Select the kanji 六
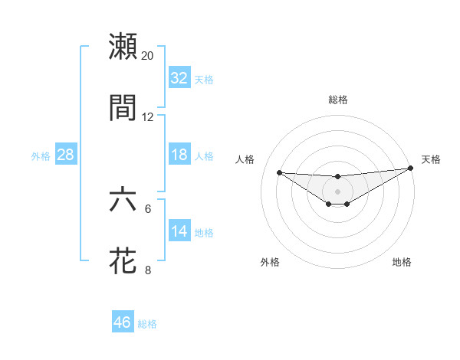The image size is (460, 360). pyautogui.click(x=123, y=200)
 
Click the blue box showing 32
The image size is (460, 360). pyautogui.click(x=179, y=78)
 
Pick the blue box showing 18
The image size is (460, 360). pyautogui.click(x=179, y=155)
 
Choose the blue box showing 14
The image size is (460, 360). pyautogui.click(x=179, y=231)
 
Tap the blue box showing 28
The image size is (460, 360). pyautogui.click(x=66, y=155)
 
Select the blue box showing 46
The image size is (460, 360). pyautogui.click(x=123, y=322)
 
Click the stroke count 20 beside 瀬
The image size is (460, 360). pyautogui.click(x=148, y=56)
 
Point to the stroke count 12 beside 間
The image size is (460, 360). pyautogui.click(x=148, y=117)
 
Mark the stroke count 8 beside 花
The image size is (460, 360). pyautogui.click(x=148, y=270)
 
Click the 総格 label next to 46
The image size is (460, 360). pyautogui.click(x=147, y=324)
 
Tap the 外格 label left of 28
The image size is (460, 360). pyautogui.click(x=41, y=156)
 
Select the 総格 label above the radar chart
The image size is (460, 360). pyautogui.click(x=337, y=100)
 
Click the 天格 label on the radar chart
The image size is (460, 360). pyautogui.click(x=431, y=159)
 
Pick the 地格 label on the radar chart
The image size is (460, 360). pyautogui.click(x=402, y=262)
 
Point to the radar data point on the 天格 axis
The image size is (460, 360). pyautogui.click(x=410, y=168)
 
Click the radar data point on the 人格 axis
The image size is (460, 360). pyautogui.click(x=279, y=172)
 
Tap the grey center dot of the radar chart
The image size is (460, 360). pyautogui.click(x=337, y=191)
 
